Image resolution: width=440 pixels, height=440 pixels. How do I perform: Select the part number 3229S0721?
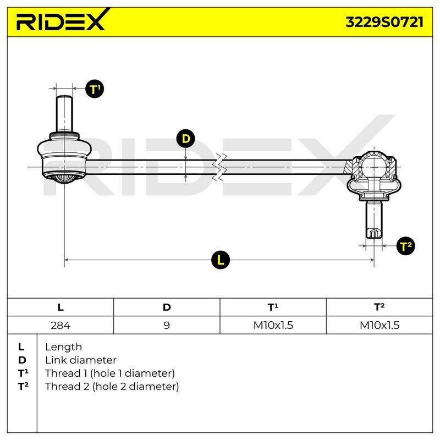(x=384, y=22)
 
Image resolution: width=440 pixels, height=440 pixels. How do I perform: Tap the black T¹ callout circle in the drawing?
(x=95, y=89)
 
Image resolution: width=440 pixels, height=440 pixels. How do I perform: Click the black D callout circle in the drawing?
(x=185, y=139)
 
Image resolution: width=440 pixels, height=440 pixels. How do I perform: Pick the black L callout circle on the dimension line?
(x=221, y=260)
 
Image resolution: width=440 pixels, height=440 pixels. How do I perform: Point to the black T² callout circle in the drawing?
(x=405, y=246)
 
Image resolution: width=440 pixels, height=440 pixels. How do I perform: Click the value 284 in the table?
(x=61, y=325)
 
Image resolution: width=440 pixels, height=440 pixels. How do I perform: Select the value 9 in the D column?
(x=167, y=325)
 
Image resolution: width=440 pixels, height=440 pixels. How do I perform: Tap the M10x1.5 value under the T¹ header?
(x=273, y=325)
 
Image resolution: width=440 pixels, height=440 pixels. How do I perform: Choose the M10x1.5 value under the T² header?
(x=380, y=325)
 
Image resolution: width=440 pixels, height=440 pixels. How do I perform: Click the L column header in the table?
(x=61, y=307)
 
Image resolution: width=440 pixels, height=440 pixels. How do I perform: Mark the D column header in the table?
(x=167, y=307)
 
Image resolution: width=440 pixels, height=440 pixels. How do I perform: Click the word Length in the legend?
(x=63, y=347)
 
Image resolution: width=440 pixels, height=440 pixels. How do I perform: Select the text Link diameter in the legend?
(x=81, y=360)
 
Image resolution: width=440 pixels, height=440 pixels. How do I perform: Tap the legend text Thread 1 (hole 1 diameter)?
(x=109, y=373)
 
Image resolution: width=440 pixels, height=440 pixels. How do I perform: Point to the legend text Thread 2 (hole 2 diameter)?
(x=112, y=387)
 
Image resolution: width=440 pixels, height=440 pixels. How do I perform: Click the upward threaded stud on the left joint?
(x=64, y=114)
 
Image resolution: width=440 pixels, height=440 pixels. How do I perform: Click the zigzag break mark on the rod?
(x=219, y=167)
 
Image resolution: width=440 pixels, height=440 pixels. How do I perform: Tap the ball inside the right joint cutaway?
(x=374, y=167)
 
